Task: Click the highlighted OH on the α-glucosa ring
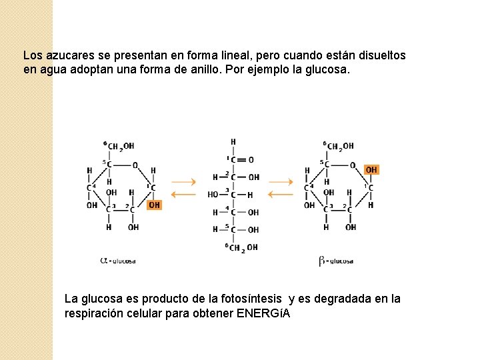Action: coord(154,205)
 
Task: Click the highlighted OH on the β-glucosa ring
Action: coord(371,170)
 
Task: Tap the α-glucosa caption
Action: coord(118,261)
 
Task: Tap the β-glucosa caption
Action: coord(336,261)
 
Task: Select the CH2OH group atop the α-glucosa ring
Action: coord(121,146)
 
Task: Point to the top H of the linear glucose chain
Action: coord(233,142)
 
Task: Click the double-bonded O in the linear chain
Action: coord(251,160)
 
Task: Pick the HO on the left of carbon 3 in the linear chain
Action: coord(213,195)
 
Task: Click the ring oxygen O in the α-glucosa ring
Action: coord(135,165)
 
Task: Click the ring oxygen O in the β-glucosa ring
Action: coord(353,165)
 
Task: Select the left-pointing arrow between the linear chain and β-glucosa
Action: coord(280,195)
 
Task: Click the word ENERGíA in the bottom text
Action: coord(264,313)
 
